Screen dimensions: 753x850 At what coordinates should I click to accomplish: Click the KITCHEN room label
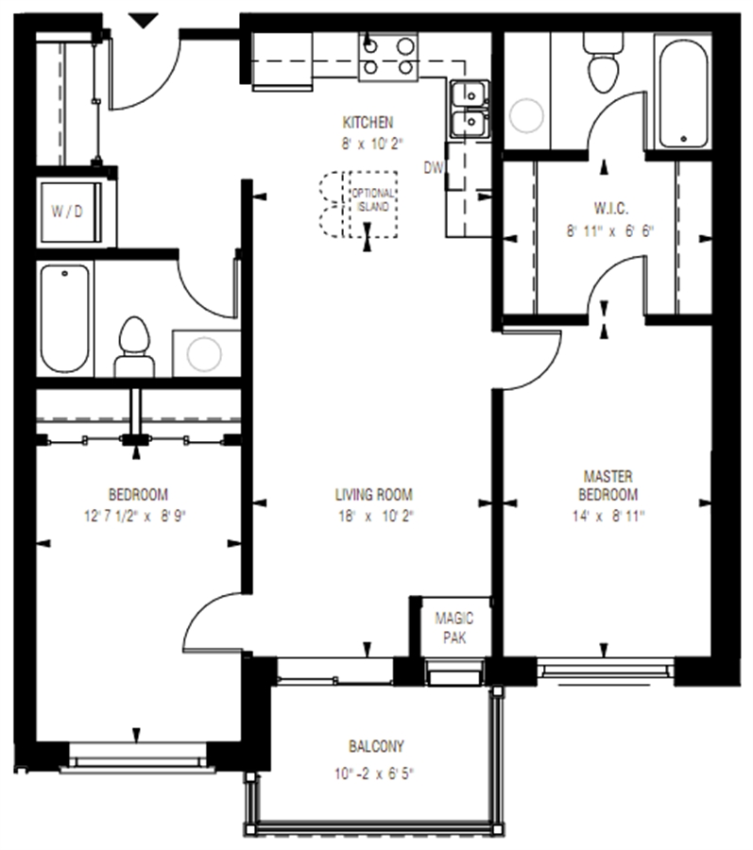coord(368,123)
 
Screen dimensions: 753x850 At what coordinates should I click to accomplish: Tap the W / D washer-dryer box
coord(71,212)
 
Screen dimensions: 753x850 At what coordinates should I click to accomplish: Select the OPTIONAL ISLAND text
coord(373,200)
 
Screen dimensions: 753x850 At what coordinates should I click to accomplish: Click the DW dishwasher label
coord(433,168)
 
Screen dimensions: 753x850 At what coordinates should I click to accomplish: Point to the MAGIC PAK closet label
coord(454,628)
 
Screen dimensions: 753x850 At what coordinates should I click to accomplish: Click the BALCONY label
coord(376,746)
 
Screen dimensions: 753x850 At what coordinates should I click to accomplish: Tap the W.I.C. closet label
coord(611,208)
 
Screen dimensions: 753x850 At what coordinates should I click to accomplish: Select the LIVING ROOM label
coord(373,494)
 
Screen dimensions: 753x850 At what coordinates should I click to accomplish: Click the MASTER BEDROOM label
coord(608,485)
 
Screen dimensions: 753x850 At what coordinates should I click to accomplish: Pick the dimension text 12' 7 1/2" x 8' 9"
coord(135,516)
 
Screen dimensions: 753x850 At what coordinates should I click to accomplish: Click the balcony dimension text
coord(374,773)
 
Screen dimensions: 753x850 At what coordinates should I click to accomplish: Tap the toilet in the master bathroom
coord(604,62)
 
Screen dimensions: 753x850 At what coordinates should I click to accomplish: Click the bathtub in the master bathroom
coord(683,93)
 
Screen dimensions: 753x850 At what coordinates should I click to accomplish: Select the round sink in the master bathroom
coord(526,115)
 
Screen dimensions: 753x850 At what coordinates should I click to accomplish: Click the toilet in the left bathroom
coord(134,347)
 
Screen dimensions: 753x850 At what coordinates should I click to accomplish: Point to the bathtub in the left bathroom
coord(64,319)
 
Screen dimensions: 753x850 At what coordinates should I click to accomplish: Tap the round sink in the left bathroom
coord(204,354)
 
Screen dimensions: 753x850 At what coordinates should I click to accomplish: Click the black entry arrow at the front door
coord(143,21)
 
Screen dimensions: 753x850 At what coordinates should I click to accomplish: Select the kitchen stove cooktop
coord(388,57)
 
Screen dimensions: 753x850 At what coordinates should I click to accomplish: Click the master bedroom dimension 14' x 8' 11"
coord(608,516)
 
